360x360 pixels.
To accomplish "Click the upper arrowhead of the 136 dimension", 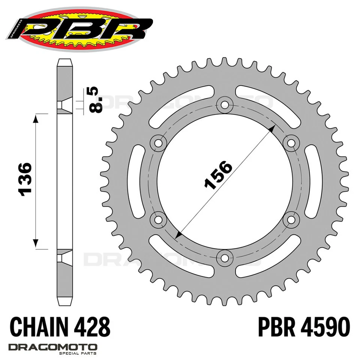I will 36,119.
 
